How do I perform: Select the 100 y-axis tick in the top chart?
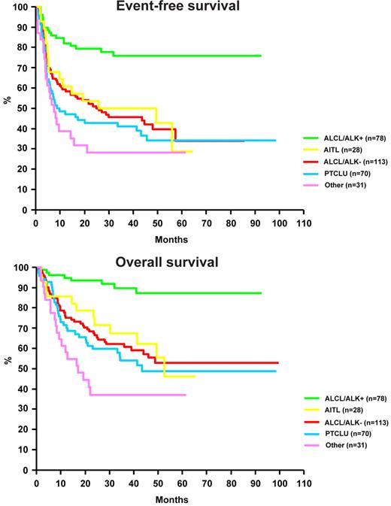[20, 8]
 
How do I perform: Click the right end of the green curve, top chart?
[261, 56]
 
